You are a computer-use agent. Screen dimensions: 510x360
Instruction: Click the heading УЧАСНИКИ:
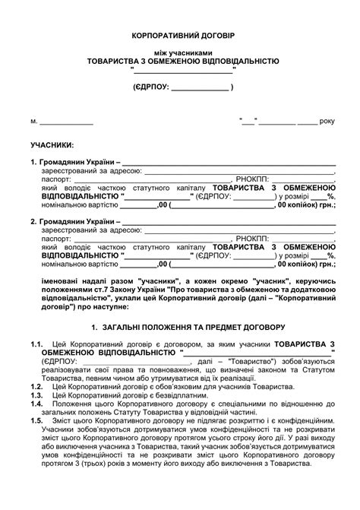[52, 144]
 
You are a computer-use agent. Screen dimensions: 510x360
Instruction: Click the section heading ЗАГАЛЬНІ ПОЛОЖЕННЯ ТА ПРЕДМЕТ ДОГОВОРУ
[187, 328]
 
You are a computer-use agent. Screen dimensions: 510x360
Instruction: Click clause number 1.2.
[36, 387]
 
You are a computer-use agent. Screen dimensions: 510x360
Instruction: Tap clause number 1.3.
[36, 395]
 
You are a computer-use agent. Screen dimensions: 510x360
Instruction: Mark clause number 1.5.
[36, 420]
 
